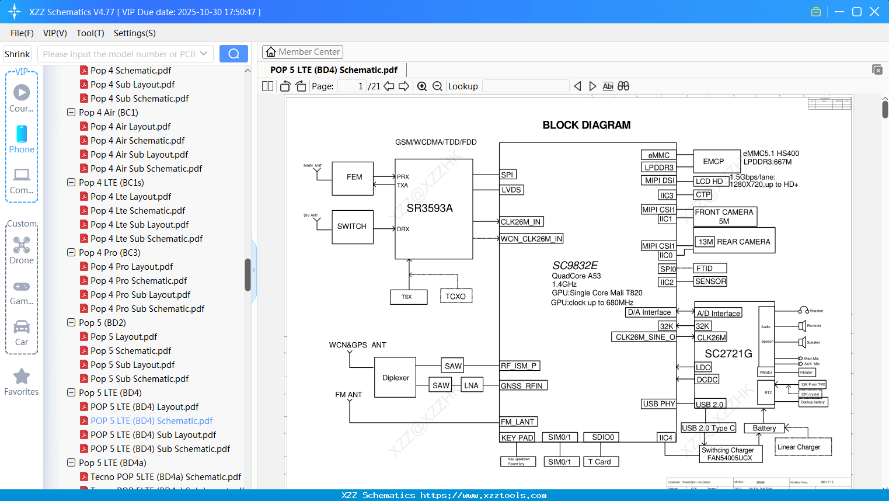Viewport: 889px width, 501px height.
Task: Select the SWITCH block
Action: (x=352, y=227)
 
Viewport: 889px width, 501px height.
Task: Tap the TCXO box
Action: (x=456, y=296)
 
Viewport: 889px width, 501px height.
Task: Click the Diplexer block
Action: (x=395, y=378)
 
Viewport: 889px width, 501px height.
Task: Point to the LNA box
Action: (x=472, y=385)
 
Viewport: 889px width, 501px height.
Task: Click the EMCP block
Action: (x=713, y=161)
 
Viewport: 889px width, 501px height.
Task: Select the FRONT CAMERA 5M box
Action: (x=724, y=217)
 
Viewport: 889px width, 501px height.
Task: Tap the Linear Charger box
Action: (x=803, y=447)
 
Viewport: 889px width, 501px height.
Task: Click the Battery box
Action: (x=764, y=428)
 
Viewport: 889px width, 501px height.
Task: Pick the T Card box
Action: (x=600, y=462)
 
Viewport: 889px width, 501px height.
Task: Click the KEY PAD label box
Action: (x=517, y=437)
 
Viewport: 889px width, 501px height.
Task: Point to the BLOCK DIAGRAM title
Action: (x=586, y=125)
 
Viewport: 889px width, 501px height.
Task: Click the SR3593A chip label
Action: (x=430, y=208)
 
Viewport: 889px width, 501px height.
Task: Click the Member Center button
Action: (x=302, y=52)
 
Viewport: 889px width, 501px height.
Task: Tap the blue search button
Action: (x=233, y=54)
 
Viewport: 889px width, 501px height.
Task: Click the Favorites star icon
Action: (x=22, y=377)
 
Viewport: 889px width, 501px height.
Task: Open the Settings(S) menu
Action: (x=134, y=33)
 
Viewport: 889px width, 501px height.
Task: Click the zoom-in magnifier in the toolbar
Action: (x=422, y=86)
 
